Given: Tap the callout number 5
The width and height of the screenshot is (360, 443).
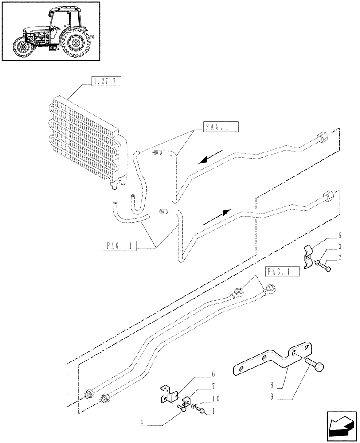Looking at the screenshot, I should [339, 234].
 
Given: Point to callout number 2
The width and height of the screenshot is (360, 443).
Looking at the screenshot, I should [339, 256].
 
